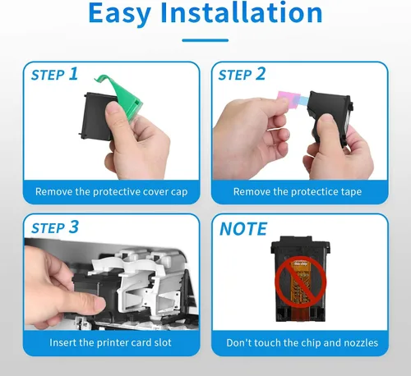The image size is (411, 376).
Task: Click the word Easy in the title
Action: point(119,14)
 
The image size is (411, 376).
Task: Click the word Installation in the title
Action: point(242,12)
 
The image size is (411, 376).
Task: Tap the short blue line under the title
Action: point(205,40)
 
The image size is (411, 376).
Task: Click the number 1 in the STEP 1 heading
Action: point(73,74)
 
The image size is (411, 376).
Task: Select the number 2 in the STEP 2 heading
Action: point(261,74)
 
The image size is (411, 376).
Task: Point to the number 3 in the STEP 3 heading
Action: point(74,227)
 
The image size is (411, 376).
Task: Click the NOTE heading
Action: point(243,229)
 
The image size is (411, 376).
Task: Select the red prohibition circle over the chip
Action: point(301,282)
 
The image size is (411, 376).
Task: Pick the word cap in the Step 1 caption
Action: point(179,192)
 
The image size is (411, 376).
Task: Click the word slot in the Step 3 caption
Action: point(163,342)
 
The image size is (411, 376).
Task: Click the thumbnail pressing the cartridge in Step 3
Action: point(94,303)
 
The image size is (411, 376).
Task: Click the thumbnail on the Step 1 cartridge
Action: point(113,110)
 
